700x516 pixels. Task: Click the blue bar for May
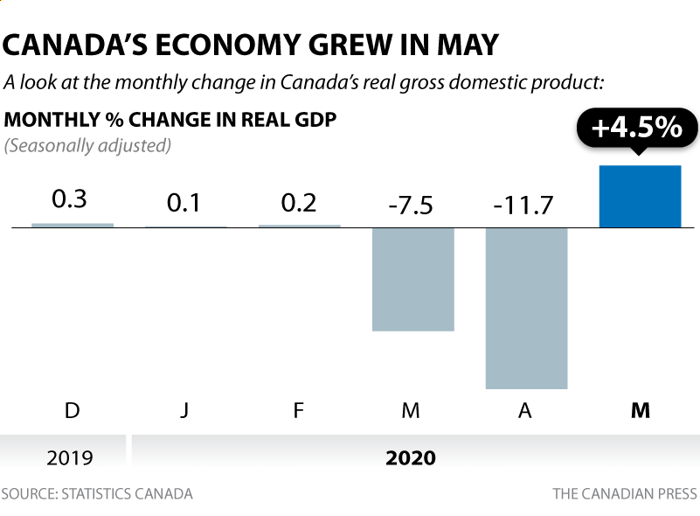pos(640,196)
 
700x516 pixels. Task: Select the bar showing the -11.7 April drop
pos(526,308)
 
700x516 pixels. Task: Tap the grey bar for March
pos(412,279)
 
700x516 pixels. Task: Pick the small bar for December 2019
pos(73,225)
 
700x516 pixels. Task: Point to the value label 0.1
pos(184,204)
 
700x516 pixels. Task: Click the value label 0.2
pos(298,204)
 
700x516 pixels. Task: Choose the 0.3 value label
pos(70,199)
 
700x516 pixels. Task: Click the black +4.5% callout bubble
pos(636,129)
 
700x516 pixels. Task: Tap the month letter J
pos(184,409)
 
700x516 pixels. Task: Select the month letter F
pos(298,409)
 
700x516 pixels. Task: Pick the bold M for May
pos(640,409)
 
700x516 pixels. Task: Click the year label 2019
pos(70,457)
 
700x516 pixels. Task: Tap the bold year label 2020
pos(411,457)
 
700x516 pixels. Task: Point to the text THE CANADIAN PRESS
pos(624,494)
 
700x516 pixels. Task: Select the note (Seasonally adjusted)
pos(87,144)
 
